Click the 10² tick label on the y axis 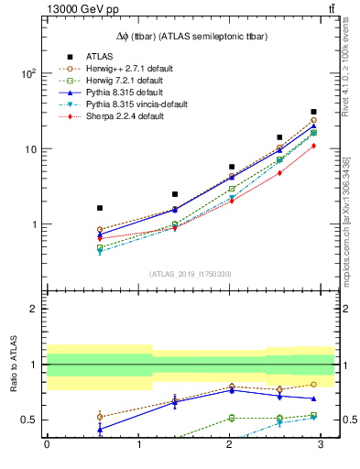coord(29,73)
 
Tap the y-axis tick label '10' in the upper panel coord(31,149)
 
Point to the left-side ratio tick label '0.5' coord(28,420)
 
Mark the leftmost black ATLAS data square coord(99,208)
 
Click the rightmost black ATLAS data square coord(313,112)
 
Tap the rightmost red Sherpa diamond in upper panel coord(313,146)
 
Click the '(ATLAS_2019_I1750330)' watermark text coord(190,274)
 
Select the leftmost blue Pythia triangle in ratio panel coord(99,429)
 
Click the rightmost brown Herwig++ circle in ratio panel coord(313,384)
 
